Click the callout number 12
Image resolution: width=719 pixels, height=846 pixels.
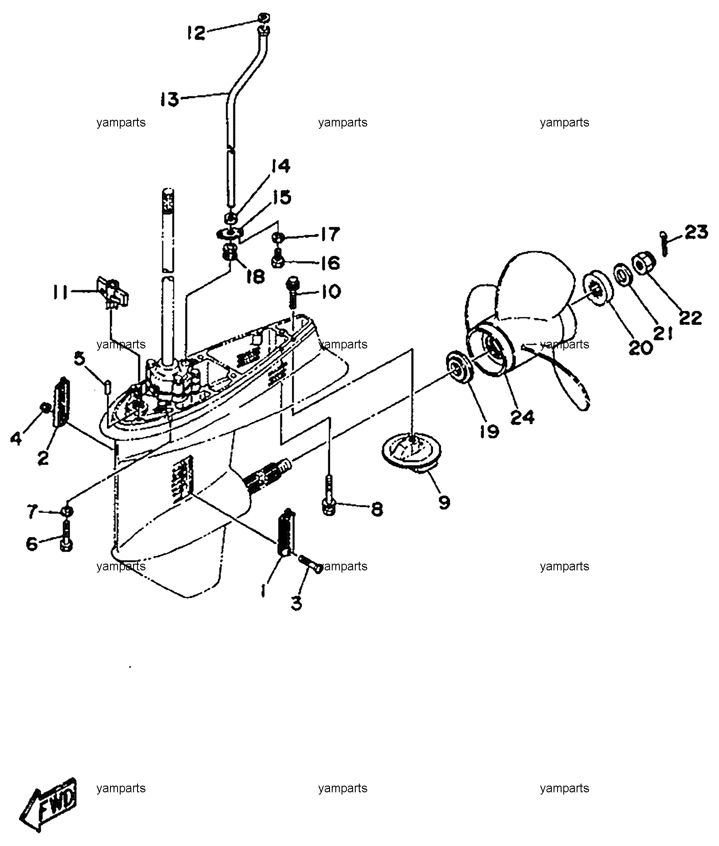[x=196, y=32]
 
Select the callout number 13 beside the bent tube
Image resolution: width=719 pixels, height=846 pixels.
[x=170, y=99]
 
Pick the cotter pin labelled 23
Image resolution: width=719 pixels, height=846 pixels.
[x=664, y=242]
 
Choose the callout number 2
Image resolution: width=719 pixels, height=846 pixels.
[x=43, y=458]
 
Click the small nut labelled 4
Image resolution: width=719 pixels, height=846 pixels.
[x=44, y=407]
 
